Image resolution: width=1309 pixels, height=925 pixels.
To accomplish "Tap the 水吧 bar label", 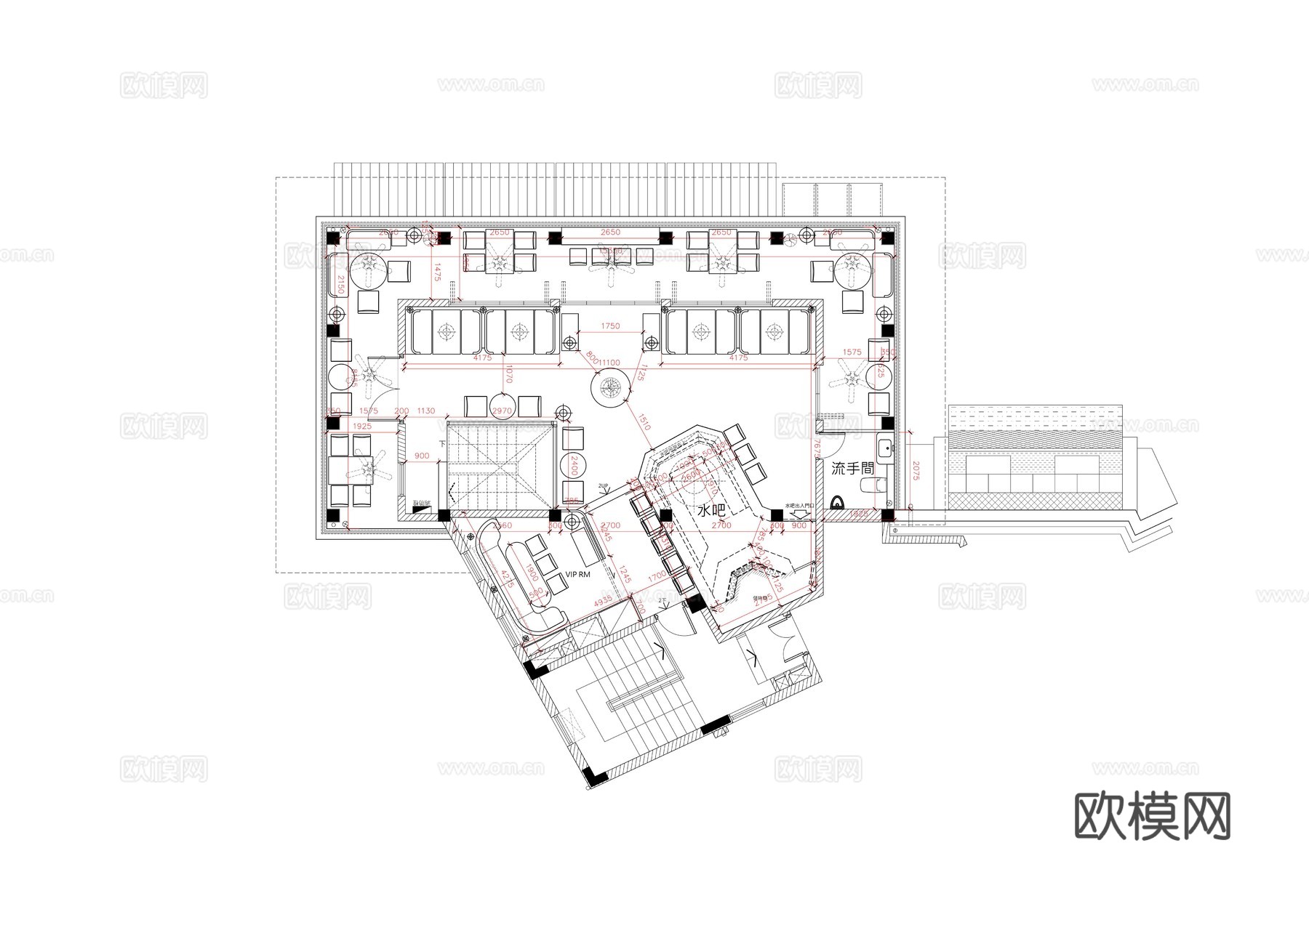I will [x=711, y=511].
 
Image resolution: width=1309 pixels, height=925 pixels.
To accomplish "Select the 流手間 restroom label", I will [x=852, y=469].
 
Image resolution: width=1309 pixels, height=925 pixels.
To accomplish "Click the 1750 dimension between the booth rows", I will [x=610, y=326].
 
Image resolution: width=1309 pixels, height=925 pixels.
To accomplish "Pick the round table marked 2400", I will [x=574, y=464].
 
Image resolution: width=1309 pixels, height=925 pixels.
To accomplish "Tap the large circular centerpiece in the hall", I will [x=609, y=389].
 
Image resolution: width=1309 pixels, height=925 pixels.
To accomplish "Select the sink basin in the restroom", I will [x=884, y=448].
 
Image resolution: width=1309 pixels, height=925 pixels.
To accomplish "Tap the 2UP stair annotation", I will [x=603, y=485].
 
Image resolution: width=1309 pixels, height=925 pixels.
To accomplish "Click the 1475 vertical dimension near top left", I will [x=438, y=273].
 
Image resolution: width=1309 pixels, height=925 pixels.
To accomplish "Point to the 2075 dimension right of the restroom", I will [x=916, y=472].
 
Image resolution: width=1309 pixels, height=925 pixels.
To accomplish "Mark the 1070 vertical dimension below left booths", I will [x=510, y=374].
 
